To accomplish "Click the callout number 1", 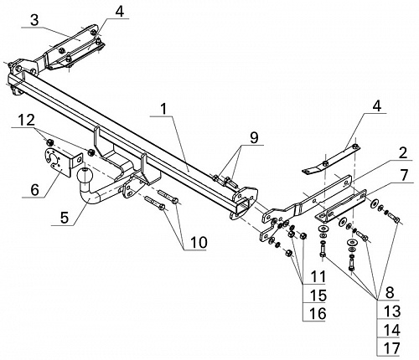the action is pyautogui.click(x=163, y=109).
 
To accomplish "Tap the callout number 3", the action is pyautogui.click(x=34, y=20).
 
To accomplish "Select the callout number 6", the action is pyautogui.click(x=35, y=190).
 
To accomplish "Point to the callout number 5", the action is pyautogui.click(x=65, y=218).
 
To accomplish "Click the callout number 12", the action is pyautogui.click(x=27, y=121).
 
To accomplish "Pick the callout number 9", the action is pyautogui.click(x=254, y=138).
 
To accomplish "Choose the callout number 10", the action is pyautogui.click(x=199, y=242).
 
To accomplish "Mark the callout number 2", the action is pyautogui.click(x=402, y=153).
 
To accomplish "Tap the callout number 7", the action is pyautogui.click(x=403, y=176).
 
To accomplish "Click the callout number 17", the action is pyautogui.click(x=391, y=348).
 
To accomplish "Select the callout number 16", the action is pyautogui.click(x=318, y=313).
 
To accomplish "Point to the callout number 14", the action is pyautogui.click(x=391, y=330).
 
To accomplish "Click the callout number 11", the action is pyautogui.click(x=318, y=276).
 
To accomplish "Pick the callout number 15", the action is pyautogui.click(x=318, y=296).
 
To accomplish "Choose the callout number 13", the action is pyautogui.click(x=391, y=311).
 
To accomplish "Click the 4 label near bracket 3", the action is pyautogui.click(x=119, y=12).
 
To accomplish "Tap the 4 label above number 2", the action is pyautogui.click(x=377, y=106).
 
